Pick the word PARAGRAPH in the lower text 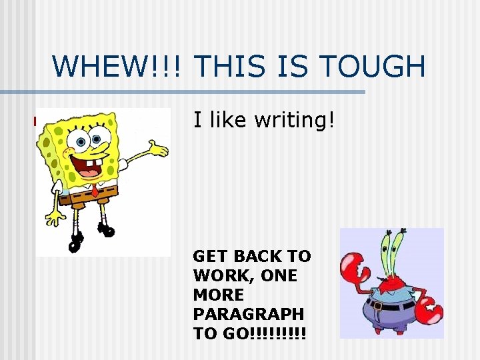point(248,313)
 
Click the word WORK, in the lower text point(221,275)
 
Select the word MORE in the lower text point(219,294)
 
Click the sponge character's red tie point(95,191)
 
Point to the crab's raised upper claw point(355,267)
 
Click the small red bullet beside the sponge point(35,121)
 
